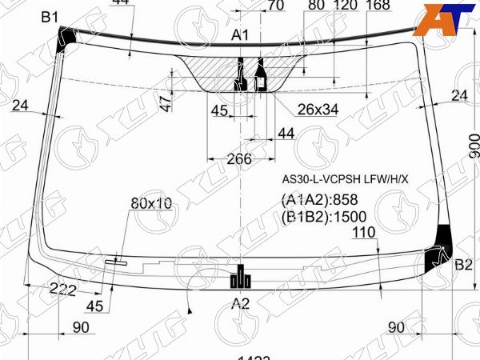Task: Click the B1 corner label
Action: click(50, 17)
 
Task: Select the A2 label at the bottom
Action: click(241, 302)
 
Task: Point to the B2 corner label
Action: click(464, 266)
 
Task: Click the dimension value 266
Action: click(238, 158)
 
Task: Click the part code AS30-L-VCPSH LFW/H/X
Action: click(344, 179)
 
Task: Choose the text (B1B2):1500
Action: click(323, 216)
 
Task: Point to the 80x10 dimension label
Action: click(151, 203)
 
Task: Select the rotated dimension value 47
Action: click(166, 103)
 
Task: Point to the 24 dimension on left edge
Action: click(20, 105)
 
